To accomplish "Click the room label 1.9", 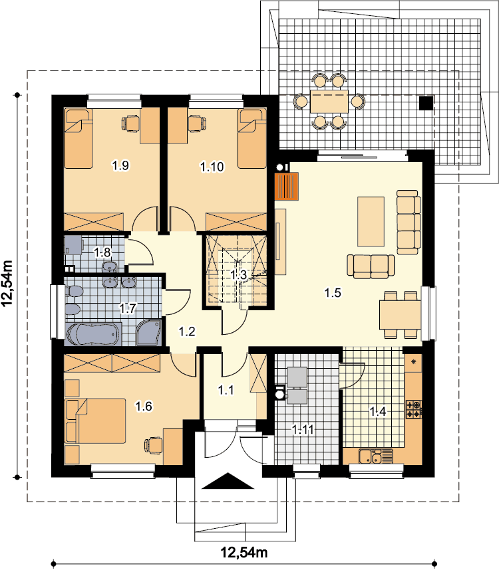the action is (120, 166).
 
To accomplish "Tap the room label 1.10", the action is (212, 167).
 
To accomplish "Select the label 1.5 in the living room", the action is (333, 292).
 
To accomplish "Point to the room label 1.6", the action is (144, 406).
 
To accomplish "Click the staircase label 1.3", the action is (238, 275).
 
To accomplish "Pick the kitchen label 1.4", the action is (378, 411).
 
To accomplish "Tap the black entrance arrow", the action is (228, 481).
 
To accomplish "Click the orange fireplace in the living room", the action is (287, 187).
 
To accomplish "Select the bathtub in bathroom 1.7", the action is (92, 334).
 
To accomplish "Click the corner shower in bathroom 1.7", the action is (148, 332).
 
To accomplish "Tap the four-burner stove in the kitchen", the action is (414, 409).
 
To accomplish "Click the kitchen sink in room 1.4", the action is (376, 456).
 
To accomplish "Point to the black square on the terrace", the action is (426, 103).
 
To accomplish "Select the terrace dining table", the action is (329, 102).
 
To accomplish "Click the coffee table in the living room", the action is (371, 222).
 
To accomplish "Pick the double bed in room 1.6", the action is (95, 421).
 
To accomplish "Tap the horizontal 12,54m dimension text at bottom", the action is (244, 553).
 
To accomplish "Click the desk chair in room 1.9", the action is (130, 123).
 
